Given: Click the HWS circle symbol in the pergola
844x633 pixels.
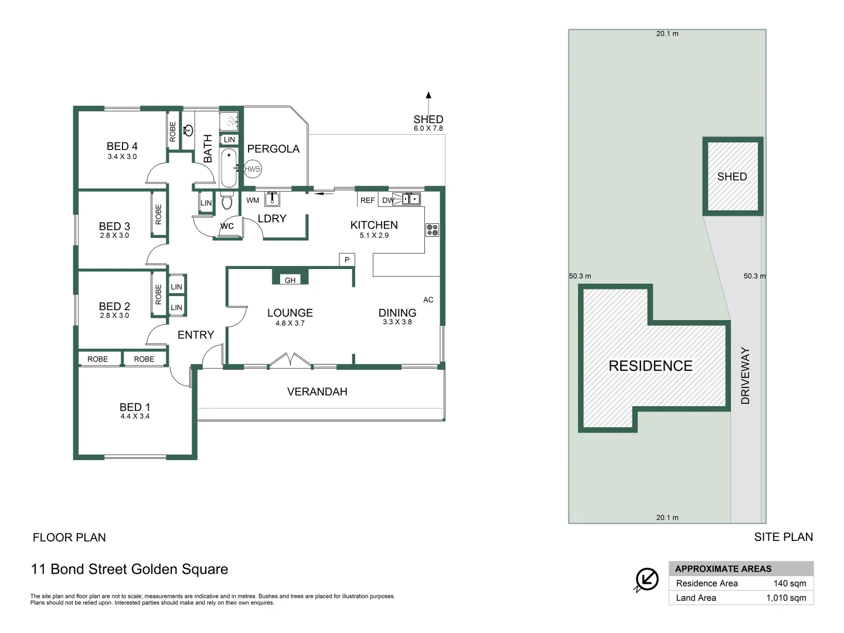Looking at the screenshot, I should [x=252, y=169].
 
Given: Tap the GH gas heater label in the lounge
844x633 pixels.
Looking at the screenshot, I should [x=290, y=280].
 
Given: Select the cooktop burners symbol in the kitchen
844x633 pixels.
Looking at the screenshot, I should [x=432, y=230].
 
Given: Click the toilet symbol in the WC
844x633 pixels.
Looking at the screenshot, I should [x=227, y=202].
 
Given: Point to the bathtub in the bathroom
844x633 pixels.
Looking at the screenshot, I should [x=229, y=167].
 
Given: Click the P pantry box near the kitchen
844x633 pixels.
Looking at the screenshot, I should [x=347, y=260].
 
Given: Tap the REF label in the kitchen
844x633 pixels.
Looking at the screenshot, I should [x=367, y=200].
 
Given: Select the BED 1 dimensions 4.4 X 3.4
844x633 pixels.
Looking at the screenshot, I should [x=135, y=417].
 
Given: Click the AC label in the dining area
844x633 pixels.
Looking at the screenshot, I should [x=428, y=300].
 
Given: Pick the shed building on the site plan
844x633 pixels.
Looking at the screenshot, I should [x=733, y=176].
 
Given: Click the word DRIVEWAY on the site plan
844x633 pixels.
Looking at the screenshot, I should [x=746, y=376].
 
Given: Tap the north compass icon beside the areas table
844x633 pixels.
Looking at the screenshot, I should [x=647, y=580].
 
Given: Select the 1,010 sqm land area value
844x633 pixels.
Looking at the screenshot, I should [x=786, y=598].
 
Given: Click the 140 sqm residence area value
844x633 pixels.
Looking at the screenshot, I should [x=789, y=583].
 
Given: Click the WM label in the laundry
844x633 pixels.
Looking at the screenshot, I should [x=253, y=200].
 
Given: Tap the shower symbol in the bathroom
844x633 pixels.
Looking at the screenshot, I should [x=231, y=121].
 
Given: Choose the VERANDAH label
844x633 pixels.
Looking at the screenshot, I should [x=317, y=392].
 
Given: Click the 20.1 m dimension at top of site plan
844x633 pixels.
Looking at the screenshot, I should [x=667, y=34].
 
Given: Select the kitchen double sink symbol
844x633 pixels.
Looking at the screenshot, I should [x=411, y=199].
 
